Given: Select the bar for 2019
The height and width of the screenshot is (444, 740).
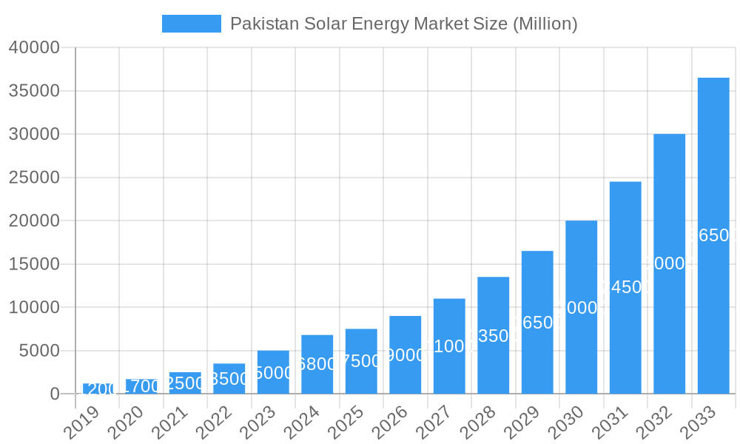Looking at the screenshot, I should point(97,389).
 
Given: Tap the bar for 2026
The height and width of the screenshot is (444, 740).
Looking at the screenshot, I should point(405,354).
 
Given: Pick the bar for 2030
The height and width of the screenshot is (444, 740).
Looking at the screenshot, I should point(581,307).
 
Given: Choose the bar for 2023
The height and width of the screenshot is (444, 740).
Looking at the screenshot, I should point(273,372).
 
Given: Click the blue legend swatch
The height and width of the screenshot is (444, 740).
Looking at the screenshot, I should point(191,24).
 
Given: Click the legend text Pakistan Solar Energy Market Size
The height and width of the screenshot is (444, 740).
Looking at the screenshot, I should point(403,24).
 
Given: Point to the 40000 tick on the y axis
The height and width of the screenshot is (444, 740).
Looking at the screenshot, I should point(34,48).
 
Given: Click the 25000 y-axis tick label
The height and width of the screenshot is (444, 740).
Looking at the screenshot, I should point(34,178).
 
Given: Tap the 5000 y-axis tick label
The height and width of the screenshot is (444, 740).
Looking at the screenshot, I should point(38,351).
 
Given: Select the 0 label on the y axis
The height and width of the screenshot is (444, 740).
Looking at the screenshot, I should point(54,394).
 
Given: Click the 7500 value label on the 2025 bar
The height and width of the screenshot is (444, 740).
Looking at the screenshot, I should point(361,361).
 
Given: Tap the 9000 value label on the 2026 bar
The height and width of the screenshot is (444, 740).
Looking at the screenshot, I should point(405,355).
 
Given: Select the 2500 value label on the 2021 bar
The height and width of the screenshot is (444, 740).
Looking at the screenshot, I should point(185,383).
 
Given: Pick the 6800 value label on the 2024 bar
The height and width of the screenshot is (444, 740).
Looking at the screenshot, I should point(317,364).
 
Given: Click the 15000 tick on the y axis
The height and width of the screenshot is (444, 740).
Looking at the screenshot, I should point(34,264).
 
